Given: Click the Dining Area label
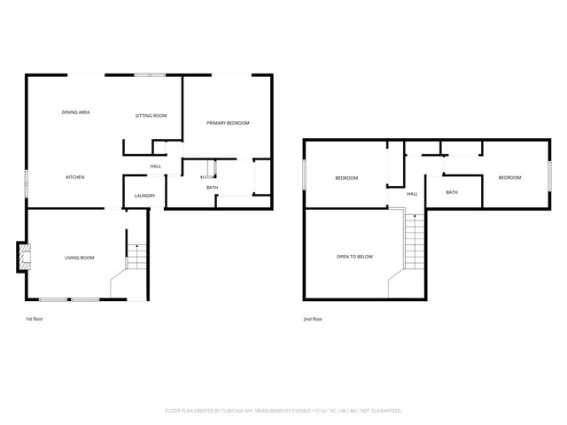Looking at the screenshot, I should (75, 112).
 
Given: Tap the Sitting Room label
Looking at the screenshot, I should (151, 116).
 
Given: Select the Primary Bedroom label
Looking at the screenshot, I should (228, 122).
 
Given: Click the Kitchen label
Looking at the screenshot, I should (75, 178).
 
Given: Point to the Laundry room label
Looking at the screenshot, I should (144, 196).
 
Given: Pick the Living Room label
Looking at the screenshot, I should (79, 258).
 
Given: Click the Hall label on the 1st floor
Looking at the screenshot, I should (155, 166).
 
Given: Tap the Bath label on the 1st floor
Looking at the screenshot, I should (212, 188).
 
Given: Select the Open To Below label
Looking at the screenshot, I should (354, 257).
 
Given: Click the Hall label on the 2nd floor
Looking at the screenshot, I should (412, 194).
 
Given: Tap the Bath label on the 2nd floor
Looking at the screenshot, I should (452, 192).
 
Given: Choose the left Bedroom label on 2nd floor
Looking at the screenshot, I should (346, 178).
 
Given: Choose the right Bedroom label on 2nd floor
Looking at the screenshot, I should (509, 178).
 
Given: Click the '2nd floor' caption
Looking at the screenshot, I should (312, 318).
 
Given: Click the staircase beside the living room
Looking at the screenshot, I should (136, 254).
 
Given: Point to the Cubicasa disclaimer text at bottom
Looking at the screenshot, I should (283, 411).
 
